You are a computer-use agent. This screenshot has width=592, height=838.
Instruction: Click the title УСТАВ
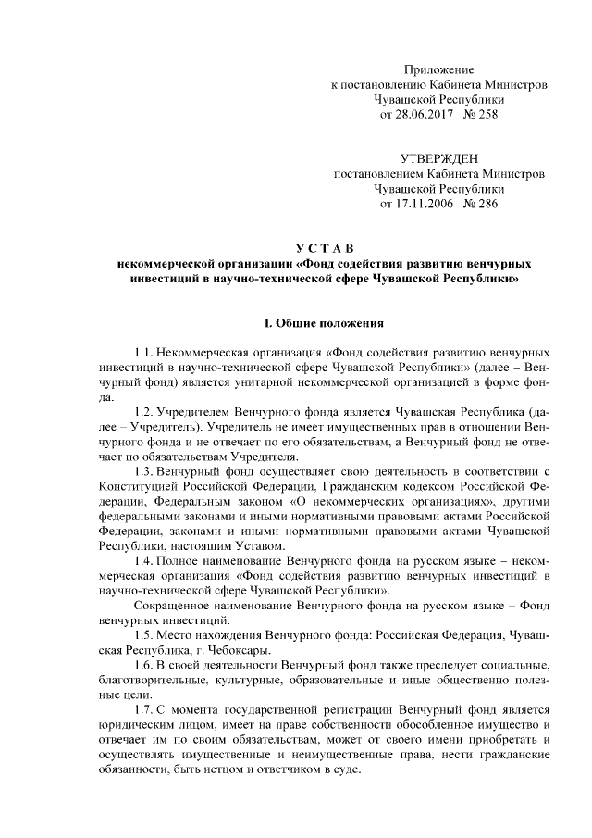coord(318,246)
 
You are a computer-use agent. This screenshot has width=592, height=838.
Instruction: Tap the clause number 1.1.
coord(143,354)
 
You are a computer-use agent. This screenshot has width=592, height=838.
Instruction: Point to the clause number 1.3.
coord(143,471)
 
